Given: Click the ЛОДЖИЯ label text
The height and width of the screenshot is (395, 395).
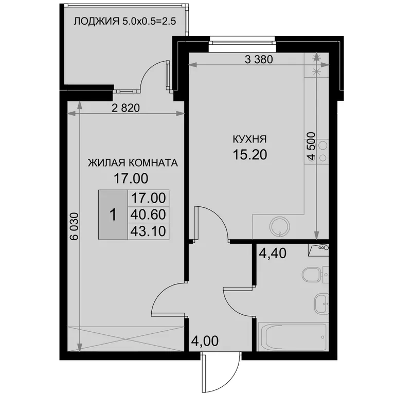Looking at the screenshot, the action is point(97,22).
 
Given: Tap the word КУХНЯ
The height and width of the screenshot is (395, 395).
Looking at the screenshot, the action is point(249,139).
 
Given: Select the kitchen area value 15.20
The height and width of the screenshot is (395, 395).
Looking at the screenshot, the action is point(249,155).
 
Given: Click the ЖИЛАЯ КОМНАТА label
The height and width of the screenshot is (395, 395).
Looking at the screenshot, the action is point(133,163).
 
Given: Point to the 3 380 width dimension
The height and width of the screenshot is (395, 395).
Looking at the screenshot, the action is point(259,60).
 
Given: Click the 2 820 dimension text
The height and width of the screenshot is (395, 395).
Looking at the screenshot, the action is point(125,108).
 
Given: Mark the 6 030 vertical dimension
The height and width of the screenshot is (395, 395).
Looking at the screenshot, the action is point(75,226).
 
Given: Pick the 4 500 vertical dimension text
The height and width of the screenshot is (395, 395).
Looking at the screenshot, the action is point(312,146).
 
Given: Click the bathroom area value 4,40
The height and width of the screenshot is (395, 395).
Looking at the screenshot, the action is point(273,253).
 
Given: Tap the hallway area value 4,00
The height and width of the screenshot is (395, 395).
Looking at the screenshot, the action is point(205,341).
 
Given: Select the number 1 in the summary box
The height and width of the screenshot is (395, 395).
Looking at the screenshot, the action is point(113,215).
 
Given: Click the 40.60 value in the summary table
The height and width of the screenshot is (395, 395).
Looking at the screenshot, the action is point(148,214).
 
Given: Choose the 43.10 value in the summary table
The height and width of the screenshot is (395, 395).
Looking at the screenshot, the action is point(148,231).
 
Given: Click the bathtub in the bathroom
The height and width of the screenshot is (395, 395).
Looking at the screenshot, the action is point(293,337).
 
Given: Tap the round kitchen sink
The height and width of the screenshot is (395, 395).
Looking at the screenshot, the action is point(280,226).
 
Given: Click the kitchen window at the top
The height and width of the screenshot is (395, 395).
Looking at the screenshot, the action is point(243,41).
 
